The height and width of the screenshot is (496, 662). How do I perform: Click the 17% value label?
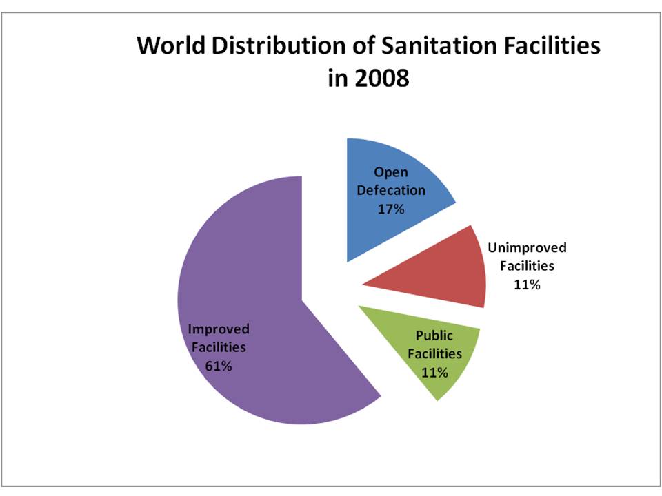[390, 208]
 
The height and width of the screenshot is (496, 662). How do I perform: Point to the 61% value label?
[218, 366]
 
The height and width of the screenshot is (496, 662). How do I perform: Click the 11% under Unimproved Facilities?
[526, 284]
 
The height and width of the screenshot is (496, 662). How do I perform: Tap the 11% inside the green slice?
[434, 373]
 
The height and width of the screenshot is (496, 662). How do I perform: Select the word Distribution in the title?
[271, 46]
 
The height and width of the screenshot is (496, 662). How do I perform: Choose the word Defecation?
[390, 190]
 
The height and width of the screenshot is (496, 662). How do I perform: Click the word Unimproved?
[527, 248]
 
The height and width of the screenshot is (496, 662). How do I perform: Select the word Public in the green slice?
[434, 336]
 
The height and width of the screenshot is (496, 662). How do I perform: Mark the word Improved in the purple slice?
[219, 329]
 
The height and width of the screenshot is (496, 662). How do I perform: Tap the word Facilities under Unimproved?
[527, 266]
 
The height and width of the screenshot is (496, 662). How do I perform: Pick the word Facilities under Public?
[434, 354]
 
